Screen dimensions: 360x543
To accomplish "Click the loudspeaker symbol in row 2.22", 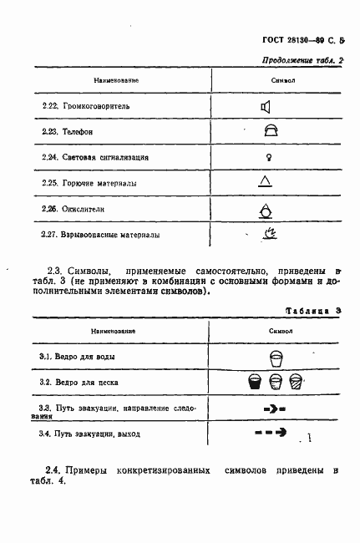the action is click(x=266, y=106).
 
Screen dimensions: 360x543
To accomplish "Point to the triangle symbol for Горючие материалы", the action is click(x=265, y=180).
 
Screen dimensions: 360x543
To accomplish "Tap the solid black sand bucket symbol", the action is click(x=256, y=383).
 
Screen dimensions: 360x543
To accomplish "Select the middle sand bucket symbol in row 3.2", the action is click(x=276, y=383).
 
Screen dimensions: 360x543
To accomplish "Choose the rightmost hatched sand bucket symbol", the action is click(x=295, y=383).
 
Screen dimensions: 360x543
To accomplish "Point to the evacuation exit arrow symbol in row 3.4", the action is click(x=270, y=433).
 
